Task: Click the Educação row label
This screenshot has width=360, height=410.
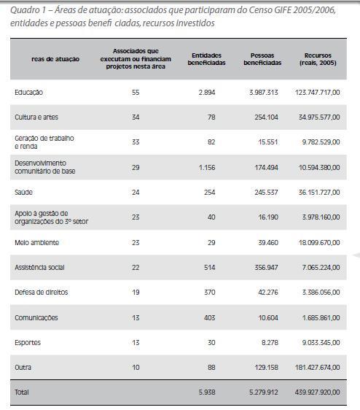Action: click(28, 93)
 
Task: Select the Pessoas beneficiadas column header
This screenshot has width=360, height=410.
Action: click(262, 59)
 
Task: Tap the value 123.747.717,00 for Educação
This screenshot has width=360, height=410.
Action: click(318, 93)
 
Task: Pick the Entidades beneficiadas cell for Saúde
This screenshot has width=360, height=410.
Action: click(210, 192)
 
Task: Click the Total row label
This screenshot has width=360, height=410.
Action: click(22, 392)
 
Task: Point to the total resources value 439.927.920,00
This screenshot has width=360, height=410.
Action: click(318, 392)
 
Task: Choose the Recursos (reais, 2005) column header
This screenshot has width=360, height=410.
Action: click(318, 59)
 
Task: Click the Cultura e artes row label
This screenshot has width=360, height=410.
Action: click(36, 117)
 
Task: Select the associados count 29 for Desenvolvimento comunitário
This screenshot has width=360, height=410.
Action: click(136, 167)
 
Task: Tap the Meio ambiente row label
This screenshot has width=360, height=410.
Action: click(37, 243)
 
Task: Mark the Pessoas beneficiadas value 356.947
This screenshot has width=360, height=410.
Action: click(266, 267)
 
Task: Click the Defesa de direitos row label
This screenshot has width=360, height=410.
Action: click(42, 292)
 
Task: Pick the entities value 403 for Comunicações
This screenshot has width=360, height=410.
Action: click(210, 317)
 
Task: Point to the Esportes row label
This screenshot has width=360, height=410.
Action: click(28, 343)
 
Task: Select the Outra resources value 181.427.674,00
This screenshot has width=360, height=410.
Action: click(318, 368)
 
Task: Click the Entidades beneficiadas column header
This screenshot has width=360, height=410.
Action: click(206, 59)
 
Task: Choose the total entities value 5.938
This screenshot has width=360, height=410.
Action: click(207, 392)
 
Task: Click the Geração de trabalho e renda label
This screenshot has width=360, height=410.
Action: click(44, 142)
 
